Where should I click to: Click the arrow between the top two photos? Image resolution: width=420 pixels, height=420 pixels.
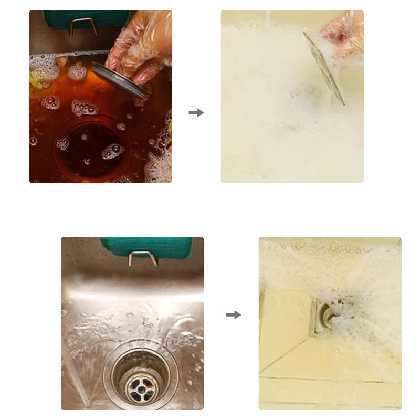pos(196,112)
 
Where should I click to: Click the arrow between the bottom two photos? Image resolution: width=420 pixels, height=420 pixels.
pos(233,314)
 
